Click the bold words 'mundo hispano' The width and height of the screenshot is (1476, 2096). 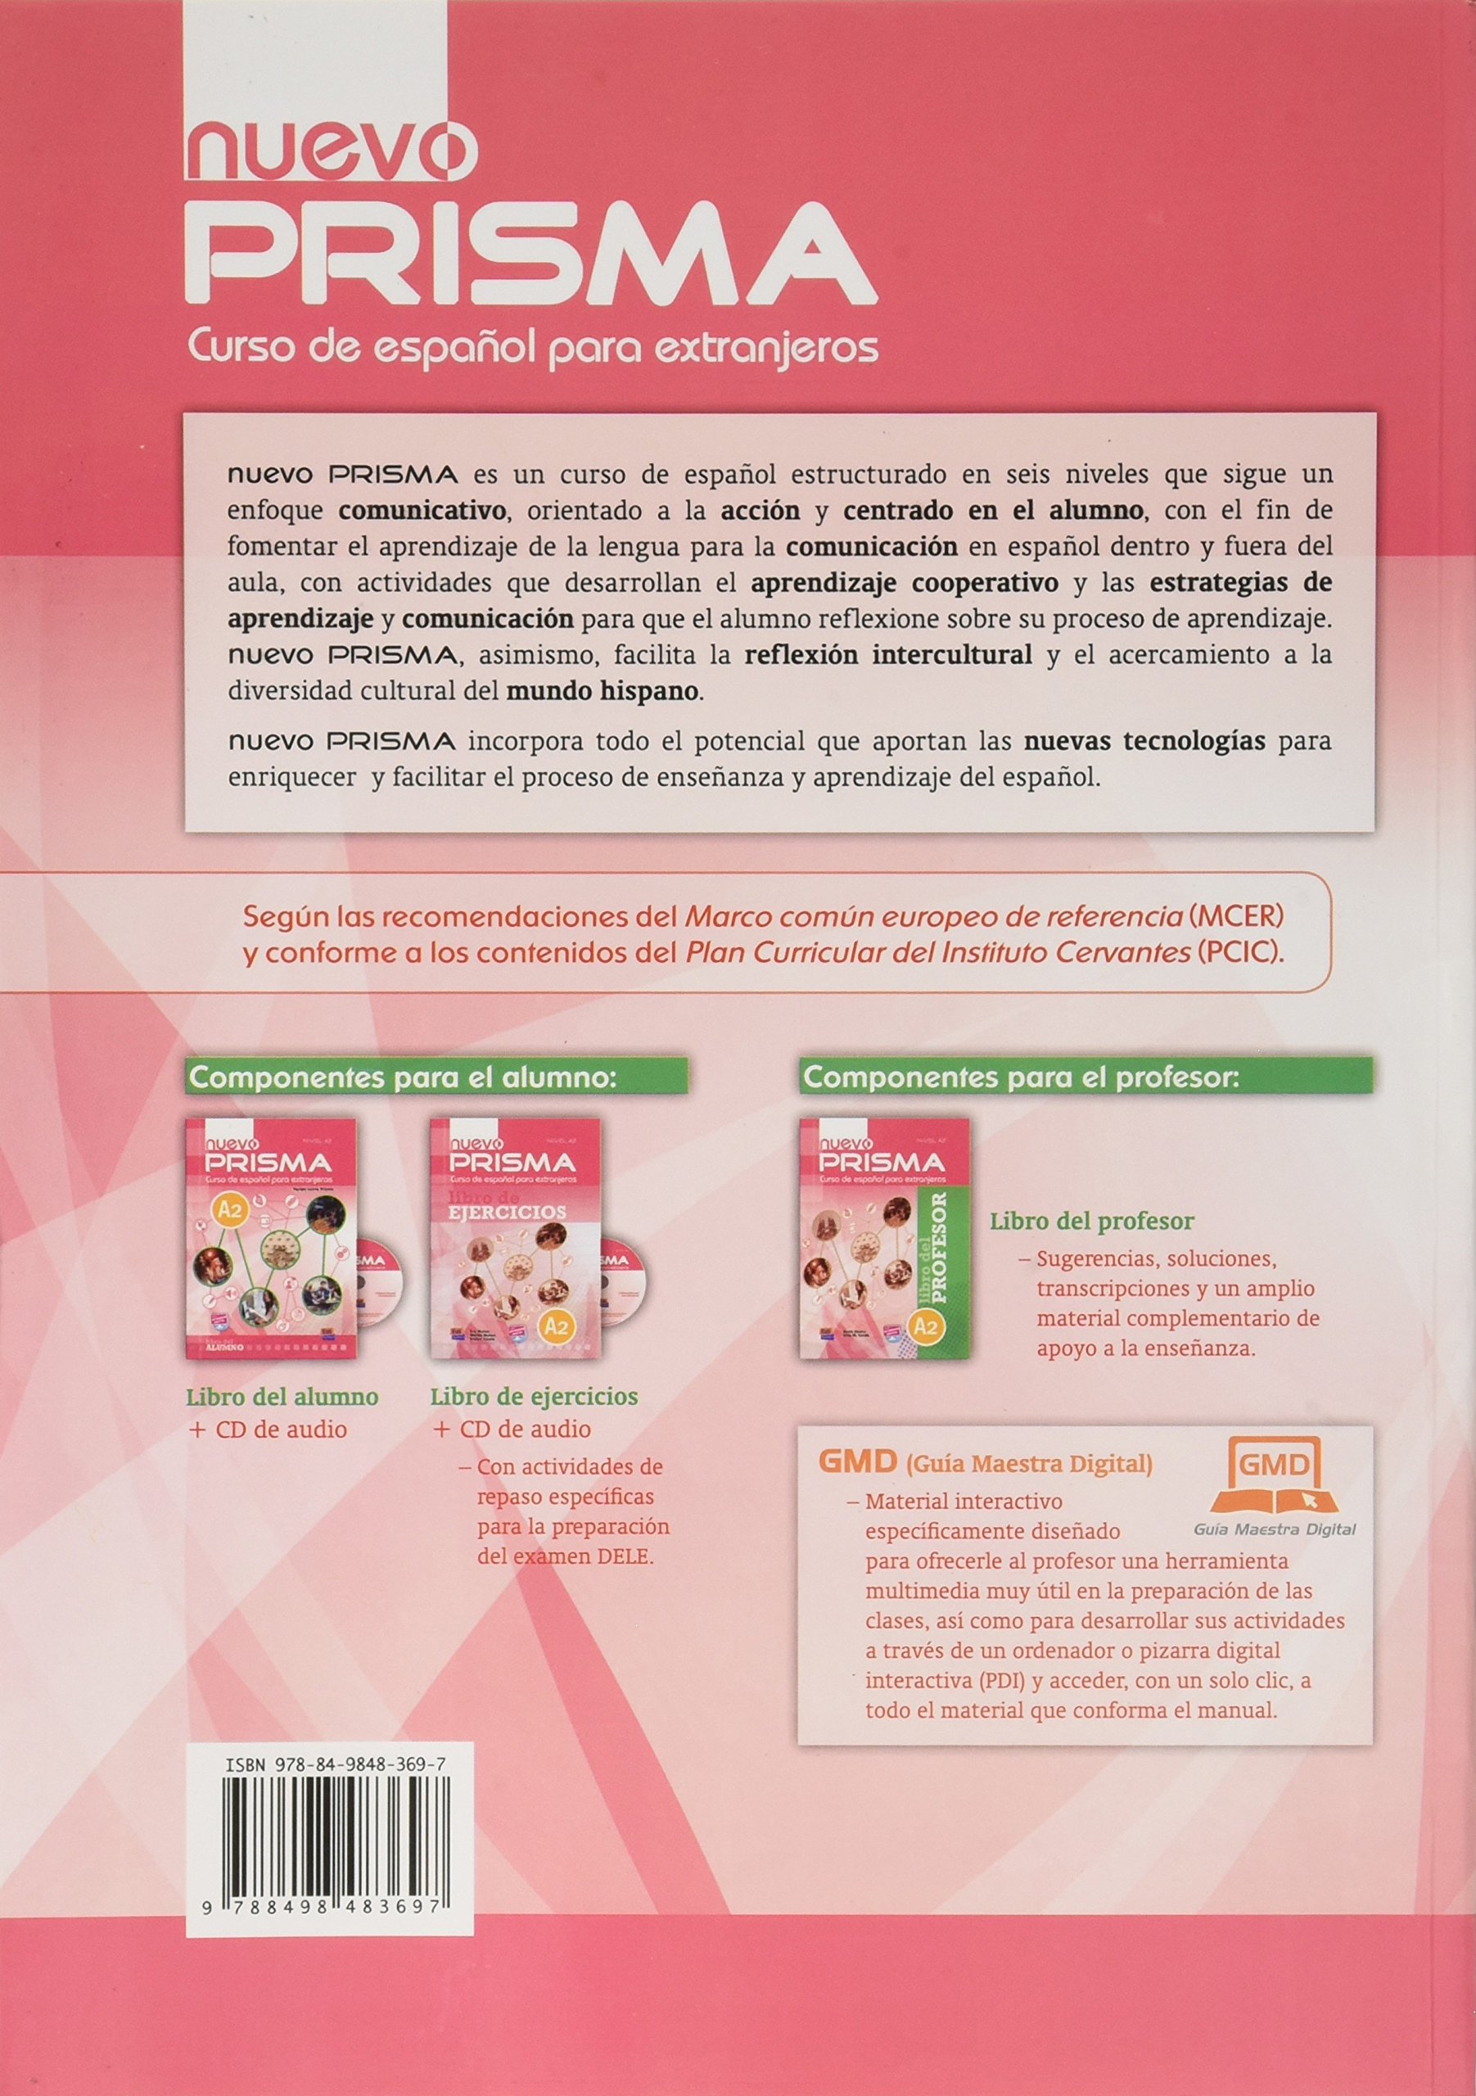click(x=603, y=691)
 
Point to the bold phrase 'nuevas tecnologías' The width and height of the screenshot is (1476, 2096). click(x=1145, y=741)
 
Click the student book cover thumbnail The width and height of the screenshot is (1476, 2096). click(x=271, y=1236)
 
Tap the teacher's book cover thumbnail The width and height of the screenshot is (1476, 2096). click(x=884, y=1236)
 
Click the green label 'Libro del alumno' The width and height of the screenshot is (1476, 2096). click(x=282, y=1396)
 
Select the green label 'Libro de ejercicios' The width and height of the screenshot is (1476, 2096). click(x=534, y=1396)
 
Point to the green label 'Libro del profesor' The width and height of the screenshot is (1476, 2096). click(x=1092, y=1221)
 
